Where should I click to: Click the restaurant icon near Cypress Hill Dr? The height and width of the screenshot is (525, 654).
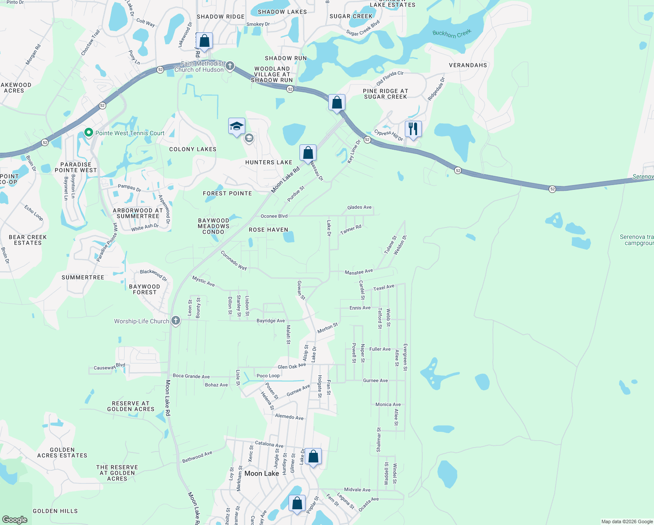click(x=413, y=129)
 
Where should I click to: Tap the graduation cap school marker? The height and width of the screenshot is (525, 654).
click(x=237, y=126)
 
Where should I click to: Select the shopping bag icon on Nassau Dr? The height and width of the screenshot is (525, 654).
click(x=308, y=153)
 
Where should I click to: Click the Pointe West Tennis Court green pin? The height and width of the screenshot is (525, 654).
click(x=89, y=133)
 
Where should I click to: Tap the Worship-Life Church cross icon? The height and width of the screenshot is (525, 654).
click(x=176, y=321)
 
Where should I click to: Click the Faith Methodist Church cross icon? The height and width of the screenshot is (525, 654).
click(x=230, y=66)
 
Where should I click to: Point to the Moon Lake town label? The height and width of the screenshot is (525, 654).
click(x=261, y=473)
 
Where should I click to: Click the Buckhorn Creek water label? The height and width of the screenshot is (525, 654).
click(x=452, y=34)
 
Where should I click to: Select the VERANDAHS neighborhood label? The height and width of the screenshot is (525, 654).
click(x=468, y=65)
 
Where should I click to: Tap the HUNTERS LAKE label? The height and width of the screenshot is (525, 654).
click(x=268, y=162)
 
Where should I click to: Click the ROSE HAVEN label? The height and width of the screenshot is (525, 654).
click(x=268, y=230)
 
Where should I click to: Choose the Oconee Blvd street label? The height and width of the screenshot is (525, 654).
click(x=274, y=216)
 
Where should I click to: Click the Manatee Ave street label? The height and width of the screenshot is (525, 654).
click(x=358, y=272)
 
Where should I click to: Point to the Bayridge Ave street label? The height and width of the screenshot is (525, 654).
click(x=271, y=321)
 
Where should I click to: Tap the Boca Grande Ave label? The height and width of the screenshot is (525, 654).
click(x=191, y=376)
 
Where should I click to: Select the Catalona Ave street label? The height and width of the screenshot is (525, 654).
click(x=269, y=444)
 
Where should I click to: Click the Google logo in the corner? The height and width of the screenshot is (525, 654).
click(x=15, y=519)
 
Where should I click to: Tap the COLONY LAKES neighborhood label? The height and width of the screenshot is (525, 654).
click(x=193, y=149)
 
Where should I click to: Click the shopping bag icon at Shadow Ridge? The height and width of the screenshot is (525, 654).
click(x=204, y=41)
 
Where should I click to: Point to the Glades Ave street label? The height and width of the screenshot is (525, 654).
click(x=359, y=207)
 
